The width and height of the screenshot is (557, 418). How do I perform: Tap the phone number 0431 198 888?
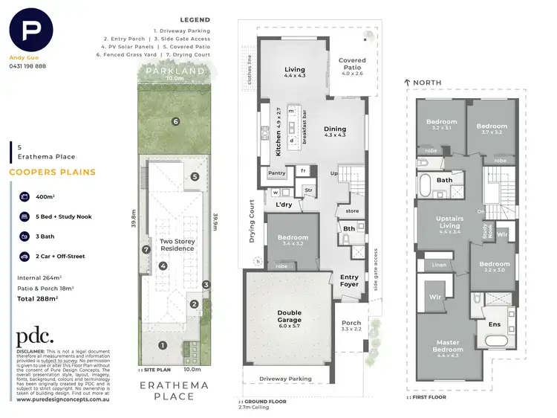coord(27,66)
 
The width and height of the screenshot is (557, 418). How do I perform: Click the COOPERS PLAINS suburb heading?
coord(52,173)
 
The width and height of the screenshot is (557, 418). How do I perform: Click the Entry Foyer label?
coord(349,280)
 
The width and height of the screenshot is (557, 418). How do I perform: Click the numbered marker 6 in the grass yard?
coord(176,121)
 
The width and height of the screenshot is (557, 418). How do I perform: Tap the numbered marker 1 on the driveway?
coord(163,344)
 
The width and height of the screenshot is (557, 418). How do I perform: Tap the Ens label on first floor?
coord(493,324)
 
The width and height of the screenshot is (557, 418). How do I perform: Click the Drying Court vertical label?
coord(252,222)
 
